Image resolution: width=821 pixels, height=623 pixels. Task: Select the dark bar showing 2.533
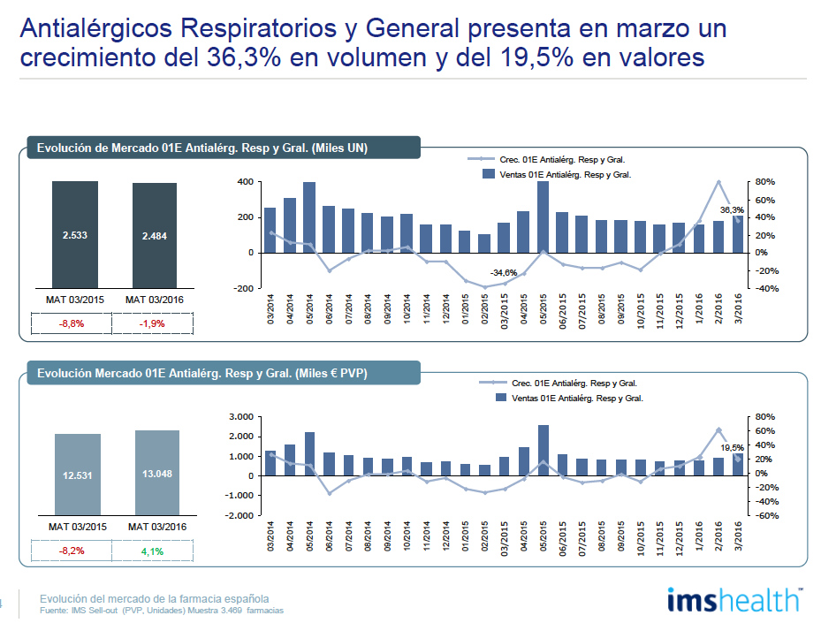pos(74,235)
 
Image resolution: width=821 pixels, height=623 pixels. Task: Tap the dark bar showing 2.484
pos(156,236)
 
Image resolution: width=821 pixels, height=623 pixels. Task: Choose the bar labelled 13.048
pos(157,472)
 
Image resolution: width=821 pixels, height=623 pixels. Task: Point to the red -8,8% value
pos(72,323)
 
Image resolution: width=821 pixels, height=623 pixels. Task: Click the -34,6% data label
pos(504,272)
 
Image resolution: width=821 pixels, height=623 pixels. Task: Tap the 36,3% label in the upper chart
pos(732,209)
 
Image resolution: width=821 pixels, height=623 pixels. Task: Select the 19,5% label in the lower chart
pos(733,448)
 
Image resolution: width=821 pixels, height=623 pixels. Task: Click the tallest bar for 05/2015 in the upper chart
pos(543,217)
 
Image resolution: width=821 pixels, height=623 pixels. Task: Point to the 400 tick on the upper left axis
pos(245,182)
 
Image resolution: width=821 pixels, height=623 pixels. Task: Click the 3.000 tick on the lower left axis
pos(240,416)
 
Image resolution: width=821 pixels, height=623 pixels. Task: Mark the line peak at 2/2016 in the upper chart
pos(718,182)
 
